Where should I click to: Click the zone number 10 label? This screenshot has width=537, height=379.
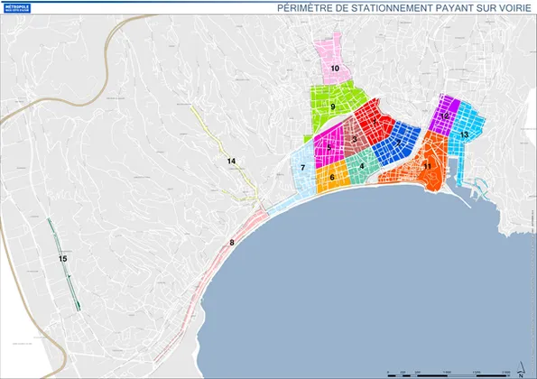point(334,68)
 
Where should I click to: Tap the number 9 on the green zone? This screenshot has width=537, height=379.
point(333,107)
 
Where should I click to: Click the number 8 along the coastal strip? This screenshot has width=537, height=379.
point(232,242)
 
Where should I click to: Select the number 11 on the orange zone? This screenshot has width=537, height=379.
point(426,166)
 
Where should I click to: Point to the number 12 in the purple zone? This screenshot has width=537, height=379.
point(446,116)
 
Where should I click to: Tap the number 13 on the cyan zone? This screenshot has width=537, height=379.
point(464,134)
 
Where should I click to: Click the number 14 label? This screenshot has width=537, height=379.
point(231,161)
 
